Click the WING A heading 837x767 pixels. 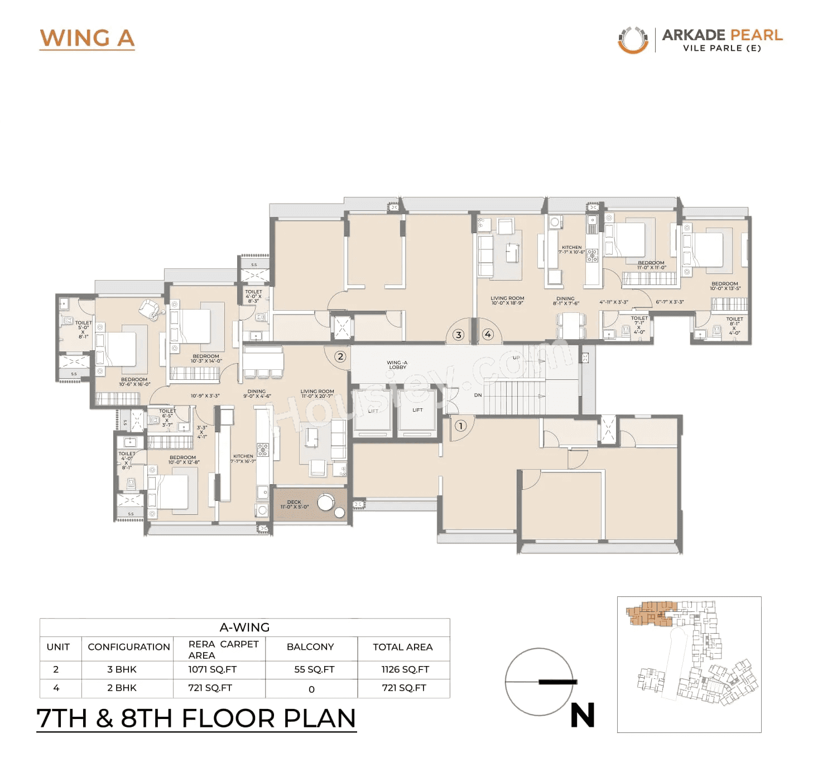click(87, 38)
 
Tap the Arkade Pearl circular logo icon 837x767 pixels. click(633, 40)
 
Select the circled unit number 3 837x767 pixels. click(458, 335)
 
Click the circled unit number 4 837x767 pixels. click(488, 334)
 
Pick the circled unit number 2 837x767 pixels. click(340, 356)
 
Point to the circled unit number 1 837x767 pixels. click(460, 426)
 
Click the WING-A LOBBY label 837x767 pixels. click(397, 365)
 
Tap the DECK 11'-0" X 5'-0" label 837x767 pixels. click(294, 504)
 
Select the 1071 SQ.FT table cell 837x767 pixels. click(212, 669)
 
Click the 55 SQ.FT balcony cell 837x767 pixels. click(314, 669)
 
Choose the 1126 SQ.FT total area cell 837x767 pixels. click(405, 669)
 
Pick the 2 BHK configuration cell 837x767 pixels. click(122, 688)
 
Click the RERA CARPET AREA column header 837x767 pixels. click(223, 649)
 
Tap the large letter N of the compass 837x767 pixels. click(582, 715)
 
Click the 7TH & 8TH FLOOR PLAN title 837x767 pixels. click(196, 718)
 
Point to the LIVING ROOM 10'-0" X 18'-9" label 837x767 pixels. click(507, 300)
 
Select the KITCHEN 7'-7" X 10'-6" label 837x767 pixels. click(571, 249)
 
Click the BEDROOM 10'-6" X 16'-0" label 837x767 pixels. click(134, 382)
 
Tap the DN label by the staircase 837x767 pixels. click(478, 395)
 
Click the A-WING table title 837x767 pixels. click(244, 628)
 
